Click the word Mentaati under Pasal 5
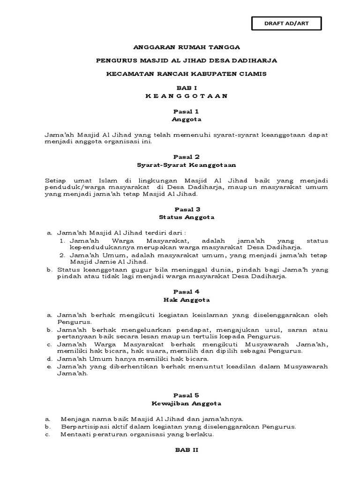click(x=75, y=434)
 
